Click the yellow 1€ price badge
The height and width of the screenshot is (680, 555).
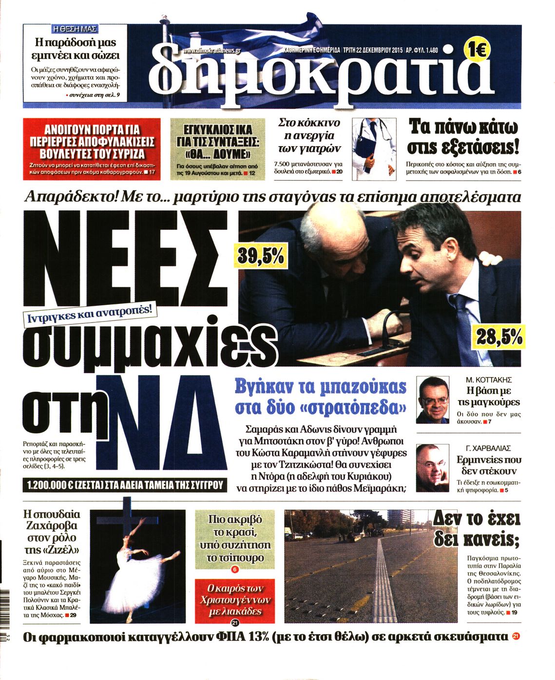click(x=477, y=49)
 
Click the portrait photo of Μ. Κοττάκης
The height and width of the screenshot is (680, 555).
click(x=433, y=400)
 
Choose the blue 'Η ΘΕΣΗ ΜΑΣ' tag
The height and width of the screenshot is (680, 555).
click(x=75, y=28)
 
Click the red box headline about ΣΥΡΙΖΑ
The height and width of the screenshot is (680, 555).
click(x=92, y=142)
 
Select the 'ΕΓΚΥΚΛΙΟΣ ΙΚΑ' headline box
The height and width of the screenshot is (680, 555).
click(x=217, y=142)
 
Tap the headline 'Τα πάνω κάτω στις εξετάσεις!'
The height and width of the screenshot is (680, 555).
click(x=463, y=136)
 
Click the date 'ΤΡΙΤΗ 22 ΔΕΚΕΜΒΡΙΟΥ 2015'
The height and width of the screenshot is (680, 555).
click(x=373, y=50)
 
